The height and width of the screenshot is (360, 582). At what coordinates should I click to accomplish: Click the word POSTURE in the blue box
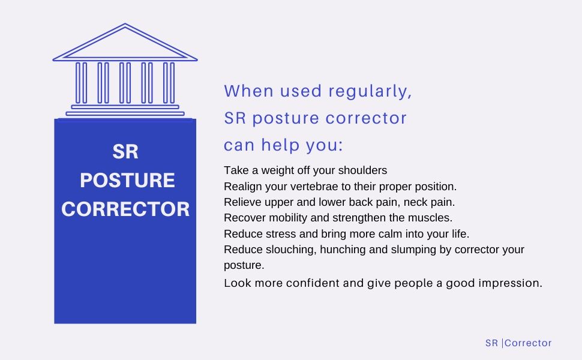[127, 181]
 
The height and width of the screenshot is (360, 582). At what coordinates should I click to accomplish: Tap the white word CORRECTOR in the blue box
[125, 209]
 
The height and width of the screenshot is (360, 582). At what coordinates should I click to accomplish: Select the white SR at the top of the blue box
[125, 152]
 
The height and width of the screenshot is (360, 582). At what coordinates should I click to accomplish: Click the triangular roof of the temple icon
[125, 42]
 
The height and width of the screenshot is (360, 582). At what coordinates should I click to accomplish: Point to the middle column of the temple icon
[125, 83]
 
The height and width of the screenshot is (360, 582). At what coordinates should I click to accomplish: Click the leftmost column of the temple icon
[81, 83]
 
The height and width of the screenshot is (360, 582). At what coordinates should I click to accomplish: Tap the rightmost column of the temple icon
[169, 83]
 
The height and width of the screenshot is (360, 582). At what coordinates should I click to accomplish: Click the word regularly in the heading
[370, 92]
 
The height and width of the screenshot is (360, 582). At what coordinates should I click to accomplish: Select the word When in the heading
[249, 91]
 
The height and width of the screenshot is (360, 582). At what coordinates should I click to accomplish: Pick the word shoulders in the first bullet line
[362, 170]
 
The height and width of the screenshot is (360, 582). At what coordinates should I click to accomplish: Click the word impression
[511, 284]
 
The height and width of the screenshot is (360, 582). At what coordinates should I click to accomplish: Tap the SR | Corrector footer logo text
[518, 343]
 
